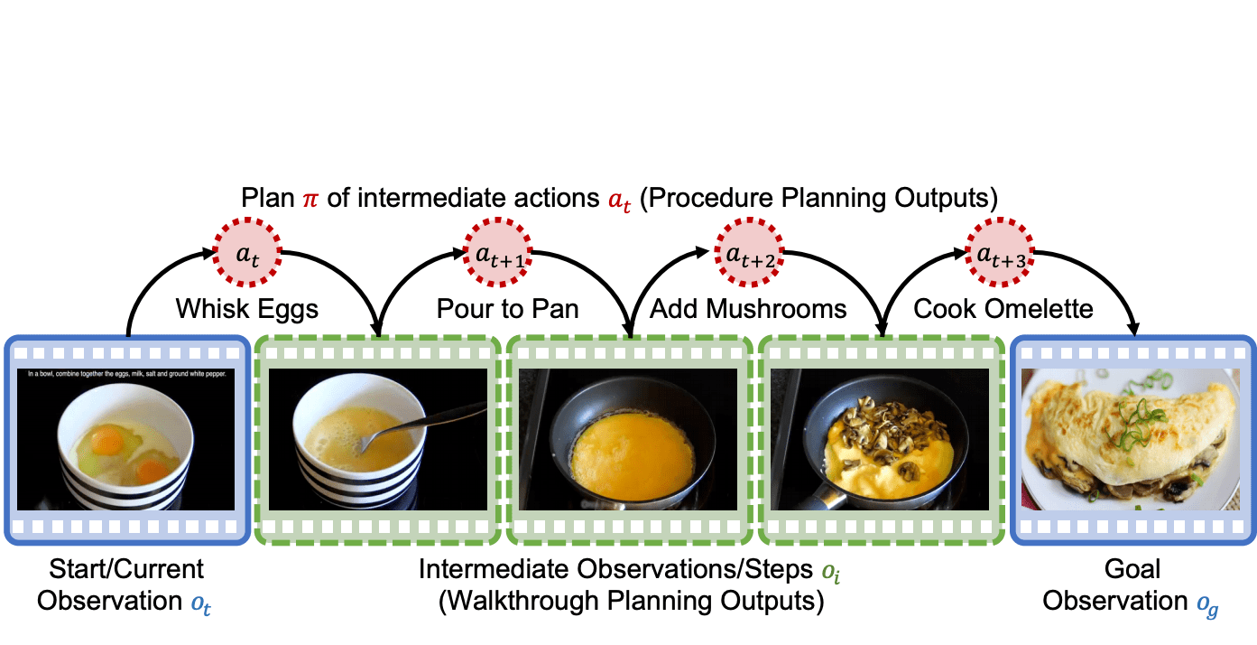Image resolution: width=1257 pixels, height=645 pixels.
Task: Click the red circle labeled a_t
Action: (x=247, y=254)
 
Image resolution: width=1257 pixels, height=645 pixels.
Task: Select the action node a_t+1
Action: (x=498, y=254)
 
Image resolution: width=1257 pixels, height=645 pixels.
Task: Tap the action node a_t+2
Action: (x=749, y=254)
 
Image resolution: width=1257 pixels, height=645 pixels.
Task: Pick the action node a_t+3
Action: (x=1000, y=254)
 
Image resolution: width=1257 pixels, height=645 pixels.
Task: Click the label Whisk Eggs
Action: (x=247, y=310)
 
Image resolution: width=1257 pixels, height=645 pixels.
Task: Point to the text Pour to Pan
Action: (x=507, y=310)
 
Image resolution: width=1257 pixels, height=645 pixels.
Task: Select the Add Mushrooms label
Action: (x=748, y=310)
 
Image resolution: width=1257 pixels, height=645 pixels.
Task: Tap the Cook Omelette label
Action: (x=1003, y=310)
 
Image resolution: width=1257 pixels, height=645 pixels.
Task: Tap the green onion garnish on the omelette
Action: (x=1136, y=418)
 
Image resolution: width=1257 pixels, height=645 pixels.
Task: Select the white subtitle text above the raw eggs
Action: (x=125, y=372)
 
